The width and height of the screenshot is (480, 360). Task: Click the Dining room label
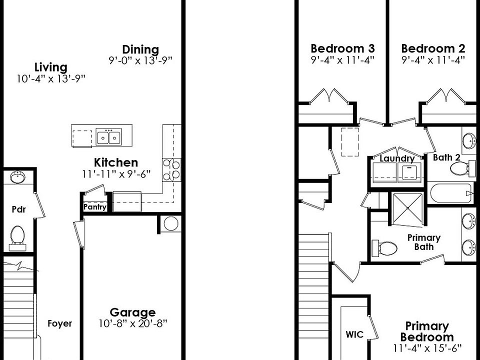pyautogui.click(x=140, y=49)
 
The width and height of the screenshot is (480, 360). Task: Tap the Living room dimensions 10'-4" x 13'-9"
pyautogui.click(x=50, y=78)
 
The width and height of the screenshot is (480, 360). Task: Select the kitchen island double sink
pyautogui.click(x=108, y=136)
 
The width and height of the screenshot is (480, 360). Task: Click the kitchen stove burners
pyautogui.click(x=171, y=169)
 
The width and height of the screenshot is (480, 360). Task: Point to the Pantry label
pyautogui.click(x=95, y=207)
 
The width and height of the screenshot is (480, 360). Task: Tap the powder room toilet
pyautogui.click(x=18, y=234)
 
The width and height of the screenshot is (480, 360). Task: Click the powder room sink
pyautogui.click(x=18, y=177)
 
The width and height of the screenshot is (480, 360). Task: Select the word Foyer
pyautogui.click(x=60, y=323)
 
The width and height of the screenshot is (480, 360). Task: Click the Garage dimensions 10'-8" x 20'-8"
pyautogui.click(x=132, y=323)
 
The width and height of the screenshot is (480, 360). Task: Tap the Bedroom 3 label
pyautogui.click(x=342, y=48)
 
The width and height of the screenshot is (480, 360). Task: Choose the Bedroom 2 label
pyautogui.click(x=433, y=48)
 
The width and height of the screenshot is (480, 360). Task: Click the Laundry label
pyautogui.click(x=397, y=159)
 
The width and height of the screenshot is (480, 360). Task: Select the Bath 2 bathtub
pyautogui.click(x=450, y=193)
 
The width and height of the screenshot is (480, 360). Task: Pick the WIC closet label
pyautogui.click(x=354, y=334)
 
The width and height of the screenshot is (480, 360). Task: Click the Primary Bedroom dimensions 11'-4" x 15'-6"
pyautogui.click(x=426, y=347)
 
